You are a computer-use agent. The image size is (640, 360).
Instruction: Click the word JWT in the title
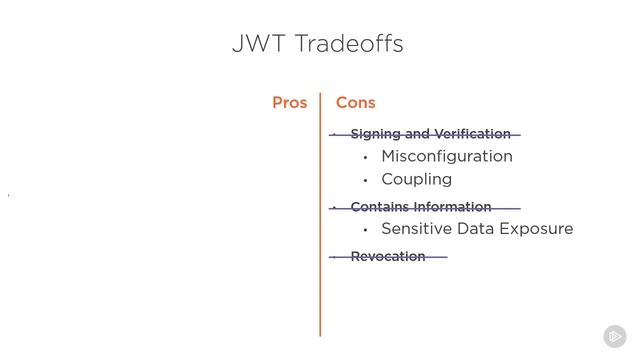click(253, 44)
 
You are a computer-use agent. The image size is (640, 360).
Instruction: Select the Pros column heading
click(290, 103)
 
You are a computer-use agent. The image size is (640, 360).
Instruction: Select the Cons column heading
click(356, 103)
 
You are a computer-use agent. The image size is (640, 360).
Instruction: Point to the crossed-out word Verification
click(473, 134)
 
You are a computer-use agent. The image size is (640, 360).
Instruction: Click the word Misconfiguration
click(447, 156)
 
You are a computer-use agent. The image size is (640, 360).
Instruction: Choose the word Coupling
click(417, 179)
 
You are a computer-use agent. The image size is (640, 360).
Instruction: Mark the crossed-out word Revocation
click(388, 257)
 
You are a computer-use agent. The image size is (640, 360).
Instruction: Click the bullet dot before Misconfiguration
click(366, 157)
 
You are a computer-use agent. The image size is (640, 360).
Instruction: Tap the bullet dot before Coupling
click(366, 180)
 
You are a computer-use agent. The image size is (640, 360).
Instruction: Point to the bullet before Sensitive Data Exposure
click(366, 230)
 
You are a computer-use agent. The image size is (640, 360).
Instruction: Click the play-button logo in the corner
click(614, 336)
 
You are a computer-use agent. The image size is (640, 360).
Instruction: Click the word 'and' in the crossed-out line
click(418, 134)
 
